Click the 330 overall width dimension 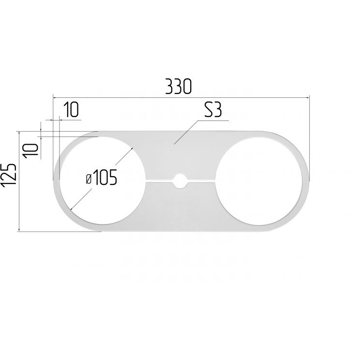click(178, 87)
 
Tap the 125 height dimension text click(9, 175)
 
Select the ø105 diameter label click(101, 177)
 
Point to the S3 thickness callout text click(213, 110)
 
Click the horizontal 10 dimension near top click(71, 110)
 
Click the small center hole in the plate click(180, 181)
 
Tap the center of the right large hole click(259, 181)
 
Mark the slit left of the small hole click(160, 181)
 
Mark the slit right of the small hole click(201, 181)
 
